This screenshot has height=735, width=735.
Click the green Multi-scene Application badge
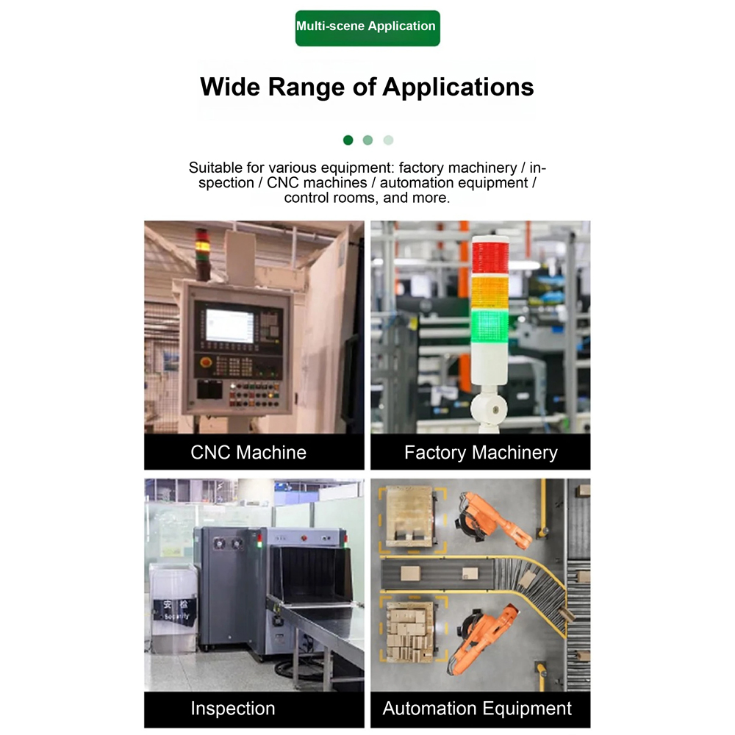[367, 28]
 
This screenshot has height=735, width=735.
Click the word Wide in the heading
[229, 87]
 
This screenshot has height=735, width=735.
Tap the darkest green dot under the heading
[348, 140]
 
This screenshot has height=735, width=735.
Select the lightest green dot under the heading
[388, 140]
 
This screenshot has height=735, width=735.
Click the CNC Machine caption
[248, 452]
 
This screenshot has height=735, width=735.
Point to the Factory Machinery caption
[481, 452]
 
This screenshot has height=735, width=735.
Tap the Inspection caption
[232, 709]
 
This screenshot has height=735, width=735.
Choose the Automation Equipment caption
[477, 709]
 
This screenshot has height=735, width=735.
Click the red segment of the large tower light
[490, 257]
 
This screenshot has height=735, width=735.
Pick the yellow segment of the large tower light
[490, 293]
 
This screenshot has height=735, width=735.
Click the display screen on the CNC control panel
[229, 326]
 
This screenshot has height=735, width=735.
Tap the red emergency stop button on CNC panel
[205, 362]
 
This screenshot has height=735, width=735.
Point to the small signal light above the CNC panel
[203, 253]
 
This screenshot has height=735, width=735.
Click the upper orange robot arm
[492, 520]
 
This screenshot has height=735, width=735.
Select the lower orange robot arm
[483, 637]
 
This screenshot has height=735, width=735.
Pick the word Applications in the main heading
[459, 87]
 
